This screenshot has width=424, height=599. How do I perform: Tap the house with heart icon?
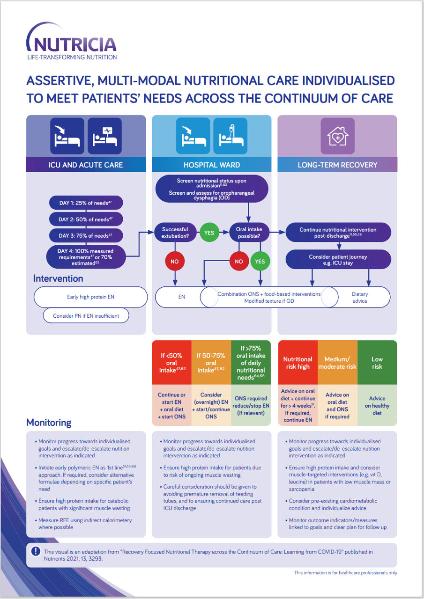[x=337, y=136]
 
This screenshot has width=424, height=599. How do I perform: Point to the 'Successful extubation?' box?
[x=175, y=233]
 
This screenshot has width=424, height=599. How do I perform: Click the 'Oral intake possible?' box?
[x=248, y=233]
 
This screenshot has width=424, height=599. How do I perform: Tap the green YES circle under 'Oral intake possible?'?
[x=260, y=262]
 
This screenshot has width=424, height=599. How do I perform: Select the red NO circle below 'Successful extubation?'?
[x=175, y=262]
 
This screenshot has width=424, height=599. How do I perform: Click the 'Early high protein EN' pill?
[x=91, y=297]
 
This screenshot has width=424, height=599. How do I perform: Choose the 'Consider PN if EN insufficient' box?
[x=86, y=316]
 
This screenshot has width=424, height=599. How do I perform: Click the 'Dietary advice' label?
[x=360, y=298]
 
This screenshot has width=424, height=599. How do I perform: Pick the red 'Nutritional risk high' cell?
[x=298, y=363]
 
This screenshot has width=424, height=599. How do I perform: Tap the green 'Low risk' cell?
[x=377, y=363]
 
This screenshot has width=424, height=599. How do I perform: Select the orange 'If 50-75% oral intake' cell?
[x=211, y=363]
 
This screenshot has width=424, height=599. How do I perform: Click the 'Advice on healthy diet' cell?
[x=377, y=406]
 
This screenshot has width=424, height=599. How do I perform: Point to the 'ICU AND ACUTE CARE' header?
[x=86, y=165]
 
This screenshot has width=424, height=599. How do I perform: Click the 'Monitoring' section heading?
[x=49, y=423]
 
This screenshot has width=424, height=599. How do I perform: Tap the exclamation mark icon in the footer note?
[x=36, y=551]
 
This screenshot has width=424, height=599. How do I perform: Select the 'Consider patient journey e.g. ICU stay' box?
[x=338, y=260]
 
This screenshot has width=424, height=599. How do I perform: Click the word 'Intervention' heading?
[x=58, y=278]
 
